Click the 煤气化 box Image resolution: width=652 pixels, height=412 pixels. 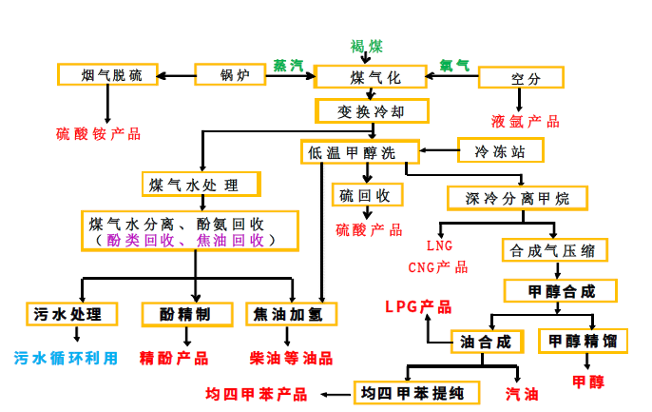(370, 76)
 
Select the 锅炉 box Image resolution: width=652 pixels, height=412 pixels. (234, 75)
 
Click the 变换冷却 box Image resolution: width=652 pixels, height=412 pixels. (371, 111)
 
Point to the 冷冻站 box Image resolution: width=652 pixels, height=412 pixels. (502, 149)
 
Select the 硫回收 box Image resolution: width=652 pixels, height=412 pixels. (367, 195)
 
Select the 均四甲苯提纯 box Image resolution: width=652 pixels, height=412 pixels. (410, 392)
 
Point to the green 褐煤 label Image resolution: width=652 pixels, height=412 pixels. (367, 46)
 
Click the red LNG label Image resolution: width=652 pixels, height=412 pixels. (439, 245)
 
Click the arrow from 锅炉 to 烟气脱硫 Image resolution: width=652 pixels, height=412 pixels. (176, 75)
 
